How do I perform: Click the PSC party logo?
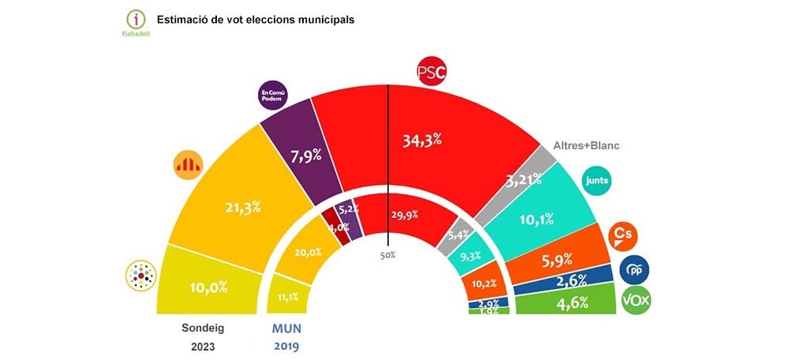(x=432, y=73)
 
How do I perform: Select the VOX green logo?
(x=636, y=302)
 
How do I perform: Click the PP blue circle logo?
(x=634, y=270)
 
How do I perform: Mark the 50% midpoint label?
(x=388, y=255)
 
